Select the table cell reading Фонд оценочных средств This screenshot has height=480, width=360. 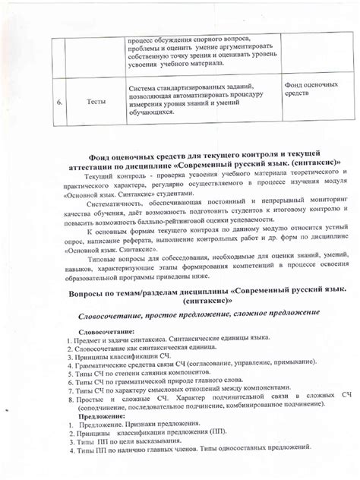[x=311, y=90]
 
